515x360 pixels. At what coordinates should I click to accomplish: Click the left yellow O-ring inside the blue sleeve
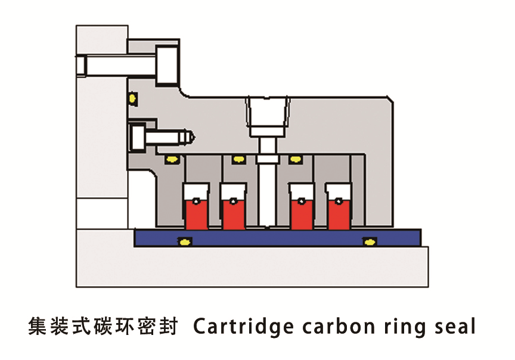point(185,241)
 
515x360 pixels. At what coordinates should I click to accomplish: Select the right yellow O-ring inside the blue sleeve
point(370,241)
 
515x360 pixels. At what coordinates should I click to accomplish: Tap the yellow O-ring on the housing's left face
point(132,97)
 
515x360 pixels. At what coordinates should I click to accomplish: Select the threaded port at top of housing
point(268,116)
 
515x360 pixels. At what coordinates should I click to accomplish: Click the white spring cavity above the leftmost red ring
point(196,193)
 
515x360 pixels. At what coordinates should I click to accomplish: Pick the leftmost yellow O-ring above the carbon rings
point(173,159)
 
